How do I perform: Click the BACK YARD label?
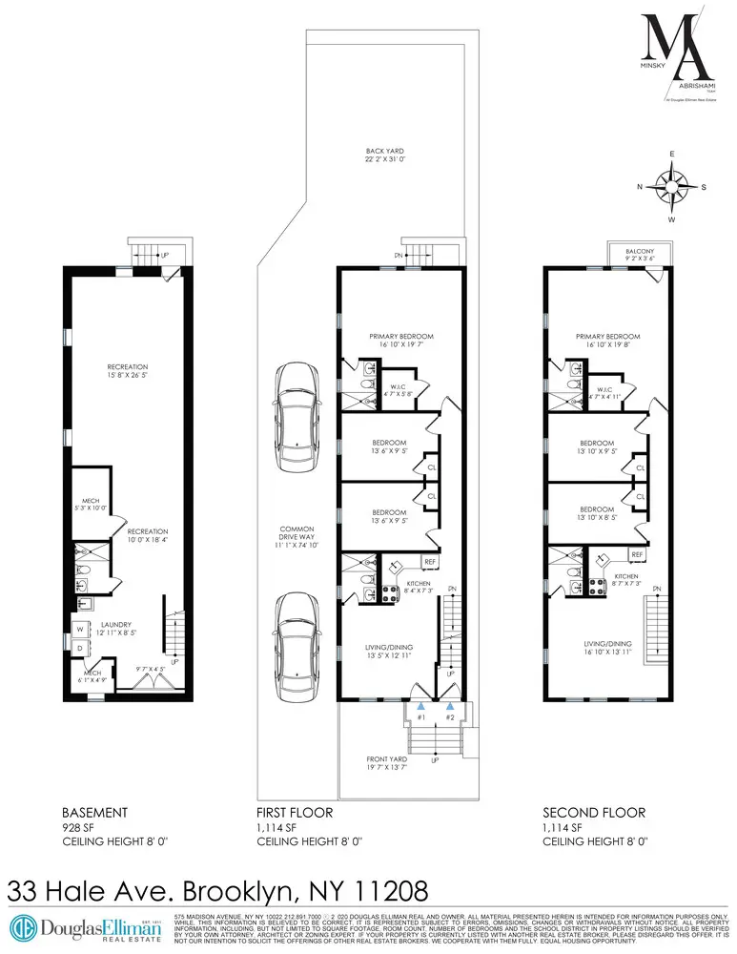(386, 150)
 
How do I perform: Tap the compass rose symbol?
(673, 186)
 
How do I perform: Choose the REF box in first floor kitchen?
(430, 562)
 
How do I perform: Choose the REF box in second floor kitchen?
(636, 553)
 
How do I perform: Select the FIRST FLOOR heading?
(296, 812)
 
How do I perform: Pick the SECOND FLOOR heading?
(594, 812)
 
